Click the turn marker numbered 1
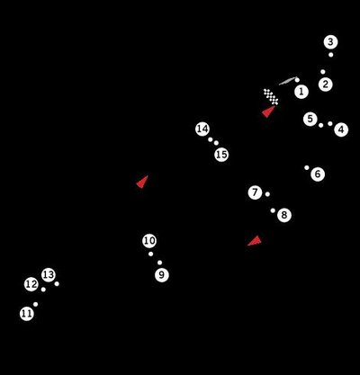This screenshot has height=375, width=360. (x=301, y=91)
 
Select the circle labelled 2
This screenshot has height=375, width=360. (x=326, y=85)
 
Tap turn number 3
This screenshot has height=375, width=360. (x=331, y=42)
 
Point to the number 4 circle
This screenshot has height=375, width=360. (x=341, y=129)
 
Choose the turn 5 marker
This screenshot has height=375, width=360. (x=310, y=119)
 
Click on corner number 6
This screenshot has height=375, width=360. (x=318, y=174)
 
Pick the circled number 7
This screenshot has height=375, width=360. (x=256, y=192)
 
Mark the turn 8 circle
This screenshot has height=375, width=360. (x=284, y=215)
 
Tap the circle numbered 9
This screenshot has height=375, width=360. (x=161, y=274)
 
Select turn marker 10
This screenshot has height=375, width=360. (x=149, y=241)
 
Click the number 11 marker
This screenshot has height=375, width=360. (x=27, y=314)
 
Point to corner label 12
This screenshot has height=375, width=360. (x=31, y=284)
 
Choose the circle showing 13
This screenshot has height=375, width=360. (x=49, y=275)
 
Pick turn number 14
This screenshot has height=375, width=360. (x=202, y=129)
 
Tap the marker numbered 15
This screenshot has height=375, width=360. (x=221, y=155)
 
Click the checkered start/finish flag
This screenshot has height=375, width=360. (x=271, y=96)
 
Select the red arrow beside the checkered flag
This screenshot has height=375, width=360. (x=267, y=112)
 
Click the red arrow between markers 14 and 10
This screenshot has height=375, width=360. (x=141, y=182)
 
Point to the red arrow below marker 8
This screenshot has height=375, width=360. (x=255, y=240)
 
